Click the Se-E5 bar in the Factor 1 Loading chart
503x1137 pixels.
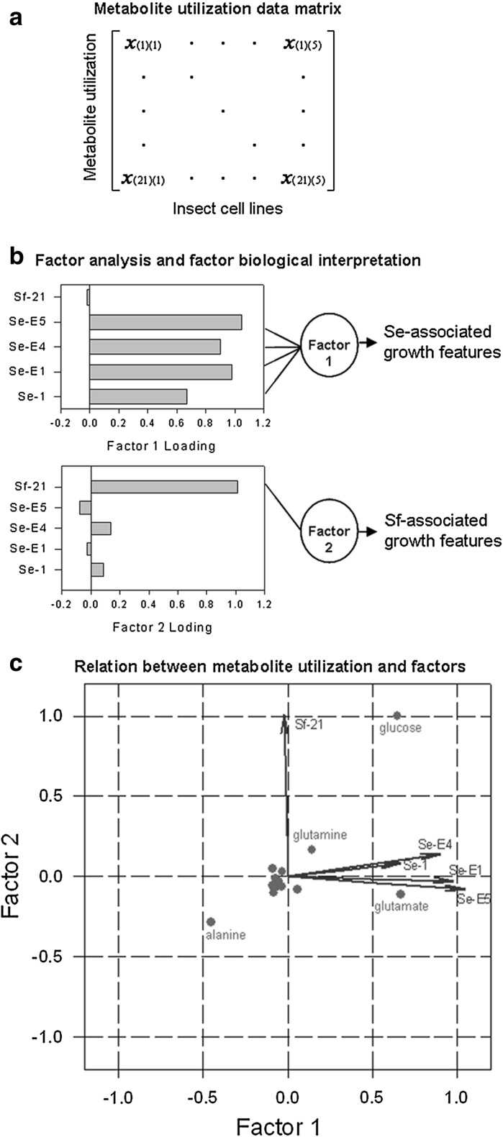[x=166, y=321]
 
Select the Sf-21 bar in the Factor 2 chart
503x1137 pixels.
[x=164, y=487]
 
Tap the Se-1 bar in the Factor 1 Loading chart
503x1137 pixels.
[x=138, y=396]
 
